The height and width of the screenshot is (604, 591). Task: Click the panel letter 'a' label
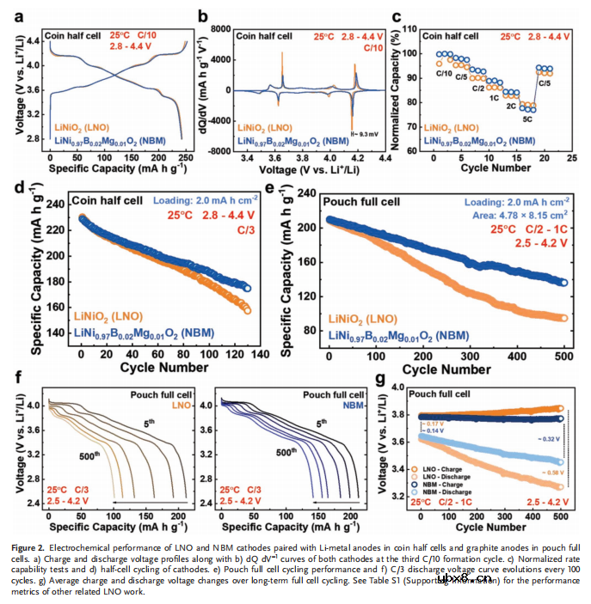(17, 15)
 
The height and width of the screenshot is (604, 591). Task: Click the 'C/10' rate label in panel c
(444, 74)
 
